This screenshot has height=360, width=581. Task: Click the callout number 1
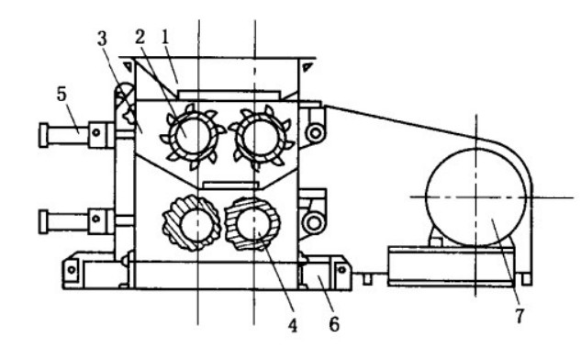click(165, 38)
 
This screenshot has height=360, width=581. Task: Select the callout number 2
click(140, 37)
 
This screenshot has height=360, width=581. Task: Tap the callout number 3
click(102, 39)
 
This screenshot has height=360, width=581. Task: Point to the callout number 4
click(293, 325)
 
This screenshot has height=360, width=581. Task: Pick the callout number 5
click(61, 94)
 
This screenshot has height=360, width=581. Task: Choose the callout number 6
click(334, 324)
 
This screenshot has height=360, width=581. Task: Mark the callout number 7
click(520, 316)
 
